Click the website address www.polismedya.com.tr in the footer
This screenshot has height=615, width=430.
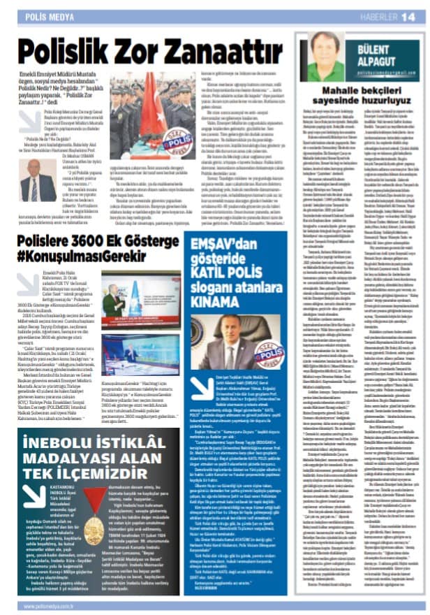(38, 606)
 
